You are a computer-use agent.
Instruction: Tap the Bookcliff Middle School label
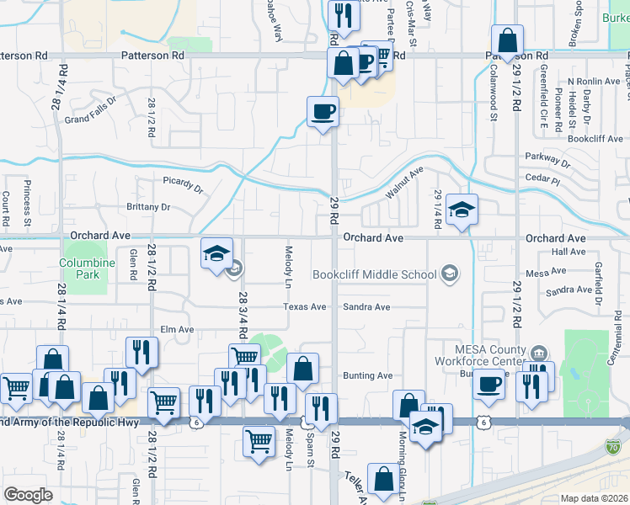(x=374, y=274)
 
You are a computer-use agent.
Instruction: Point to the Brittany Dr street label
(x=148, y=207)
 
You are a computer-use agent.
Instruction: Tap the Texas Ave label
(x=304, y=307)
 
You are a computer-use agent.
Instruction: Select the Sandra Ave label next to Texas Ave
(x=366, y=307)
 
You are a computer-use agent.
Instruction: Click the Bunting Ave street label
(x=368, y=375)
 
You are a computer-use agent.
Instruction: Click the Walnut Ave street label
(x=405, y=183)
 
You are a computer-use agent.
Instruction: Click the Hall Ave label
(x=568, y=252)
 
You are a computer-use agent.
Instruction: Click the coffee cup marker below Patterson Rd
(x=323, y=112)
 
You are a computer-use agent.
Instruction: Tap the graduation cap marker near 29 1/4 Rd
(x=462, y=210)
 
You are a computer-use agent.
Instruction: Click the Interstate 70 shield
(x=616, y=445)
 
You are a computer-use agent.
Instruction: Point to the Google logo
(x=28, y=494)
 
